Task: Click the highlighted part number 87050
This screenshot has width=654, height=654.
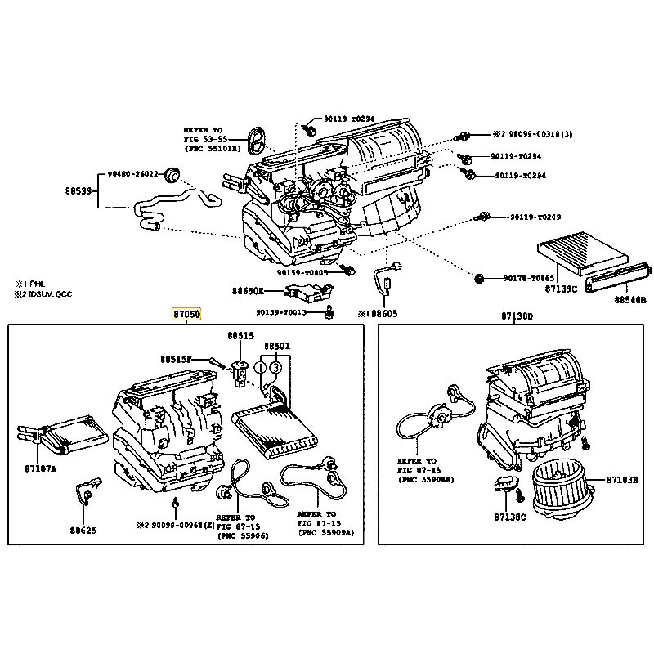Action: (186, 314)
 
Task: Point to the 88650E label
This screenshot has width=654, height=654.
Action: (248, 290)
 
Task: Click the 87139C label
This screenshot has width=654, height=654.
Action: (561, 288)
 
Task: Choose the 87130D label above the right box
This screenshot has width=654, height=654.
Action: (516, 316)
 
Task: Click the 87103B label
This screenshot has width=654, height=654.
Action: (626, 479)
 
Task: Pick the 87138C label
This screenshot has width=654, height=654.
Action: (510, 517)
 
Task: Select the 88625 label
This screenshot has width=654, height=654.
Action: (83, 530)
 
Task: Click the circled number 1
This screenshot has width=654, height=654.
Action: (263, 368)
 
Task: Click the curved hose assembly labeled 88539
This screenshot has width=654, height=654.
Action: (172, 204)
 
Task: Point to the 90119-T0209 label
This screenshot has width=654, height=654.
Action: (535, 217)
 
